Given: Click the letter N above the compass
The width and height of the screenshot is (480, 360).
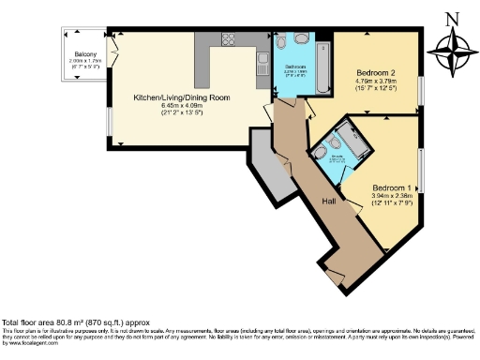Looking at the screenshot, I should (x=453, y=16).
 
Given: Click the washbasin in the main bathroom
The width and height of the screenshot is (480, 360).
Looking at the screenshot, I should (x=281, y=42).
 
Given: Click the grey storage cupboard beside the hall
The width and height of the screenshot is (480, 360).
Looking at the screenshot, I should (x=267, y=169).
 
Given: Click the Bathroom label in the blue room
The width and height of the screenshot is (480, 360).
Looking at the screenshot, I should (x=293, y=68).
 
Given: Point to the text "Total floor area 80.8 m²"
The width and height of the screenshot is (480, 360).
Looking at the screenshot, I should (x=56, y=322).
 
